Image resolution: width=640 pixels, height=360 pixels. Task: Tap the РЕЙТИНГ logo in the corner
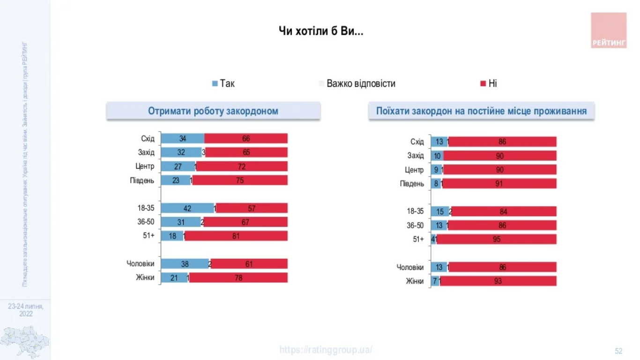pyautogui.click(x=609, y=30)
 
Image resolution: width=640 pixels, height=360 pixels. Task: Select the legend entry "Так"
pyautogui.click(x=223, y=83)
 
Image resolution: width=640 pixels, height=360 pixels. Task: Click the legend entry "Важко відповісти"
pyautogui.click(x=357, y=83)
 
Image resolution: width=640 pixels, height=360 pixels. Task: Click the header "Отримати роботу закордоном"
pyautogui.click(x=213, y=111)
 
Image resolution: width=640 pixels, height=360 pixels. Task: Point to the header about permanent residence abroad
pyautogui.click(x=481, y=111)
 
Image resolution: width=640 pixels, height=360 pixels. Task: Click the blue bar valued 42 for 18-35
pyautogui.click(x=187, y=208)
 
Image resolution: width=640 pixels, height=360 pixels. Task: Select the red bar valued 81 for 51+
pyautogui.click(x=236, y=236)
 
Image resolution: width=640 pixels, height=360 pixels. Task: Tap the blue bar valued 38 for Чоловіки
pyautogui.click(x=185, y=264)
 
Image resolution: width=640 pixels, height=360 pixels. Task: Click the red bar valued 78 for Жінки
pyautogui.click(x=238, y=278)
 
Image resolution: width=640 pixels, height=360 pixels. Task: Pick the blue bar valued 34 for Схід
pyautogui.click(x=182, y=138)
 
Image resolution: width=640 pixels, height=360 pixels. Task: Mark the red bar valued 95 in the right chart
pyautogui.click(x=496, y=239)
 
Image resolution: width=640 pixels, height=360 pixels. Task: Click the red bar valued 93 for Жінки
pyautogui.click(x=498, y=281)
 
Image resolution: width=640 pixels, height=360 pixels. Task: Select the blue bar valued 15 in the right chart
pyautogui.click(x=439, y=211)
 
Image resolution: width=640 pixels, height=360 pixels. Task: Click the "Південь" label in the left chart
pyautogui.click(x=142, y=180)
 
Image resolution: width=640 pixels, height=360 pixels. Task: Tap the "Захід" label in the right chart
pyautogui.click(x=415, y=156)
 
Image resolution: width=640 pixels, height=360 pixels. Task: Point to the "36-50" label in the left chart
pyautogui.click(x=145, y=222)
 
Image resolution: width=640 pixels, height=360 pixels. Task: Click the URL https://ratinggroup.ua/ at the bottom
pyautogui.click(x=326, y=350)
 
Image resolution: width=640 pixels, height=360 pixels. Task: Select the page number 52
pyautogui.click(x=618, y=351)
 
